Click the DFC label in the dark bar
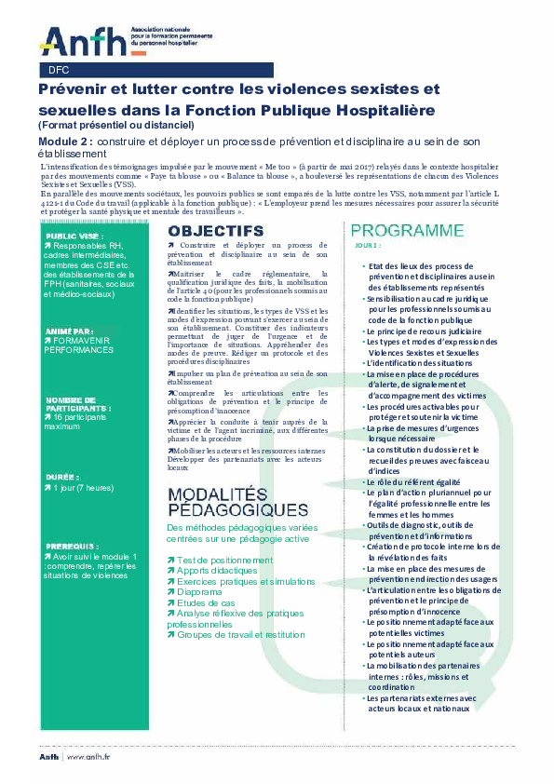pos(58,70)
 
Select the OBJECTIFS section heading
pos(215,230)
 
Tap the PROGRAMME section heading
pos(407,230)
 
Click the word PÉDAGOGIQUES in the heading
pos(237,509)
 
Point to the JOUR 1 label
pos(368,246)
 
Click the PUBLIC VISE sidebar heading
pos(75,237)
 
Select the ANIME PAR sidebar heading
pos(70,330)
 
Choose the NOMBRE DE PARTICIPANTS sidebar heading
pos(79,403)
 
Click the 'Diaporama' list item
pos(198,591)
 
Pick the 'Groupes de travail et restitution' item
pos(239,634)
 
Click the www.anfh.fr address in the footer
pos(88,757)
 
